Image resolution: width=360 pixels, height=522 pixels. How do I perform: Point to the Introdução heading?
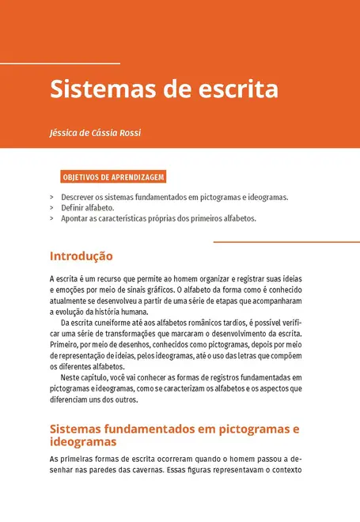[81, 256]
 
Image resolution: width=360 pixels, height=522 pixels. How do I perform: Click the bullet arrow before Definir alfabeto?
[51, 207]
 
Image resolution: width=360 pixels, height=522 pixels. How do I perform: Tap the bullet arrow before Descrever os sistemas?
[51, 197]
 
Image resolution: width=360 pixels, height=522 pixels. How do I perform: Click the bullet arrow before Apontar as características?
[51, 218]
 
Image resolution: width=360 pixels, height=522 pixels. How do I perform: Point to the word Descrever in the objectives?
[79, 197]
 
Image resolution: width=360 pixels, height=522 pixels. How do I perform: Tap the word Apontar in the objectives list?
[76, 218]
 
